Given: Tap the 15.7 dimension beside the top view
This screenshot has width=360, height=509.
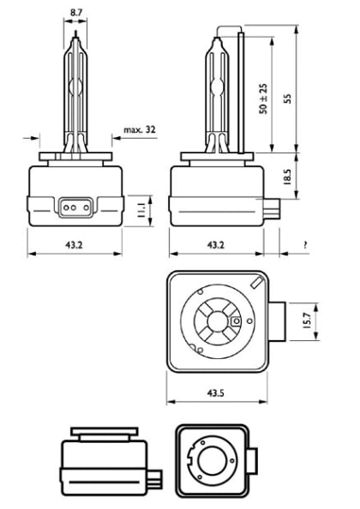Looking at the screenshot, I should tap(310, 320).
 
